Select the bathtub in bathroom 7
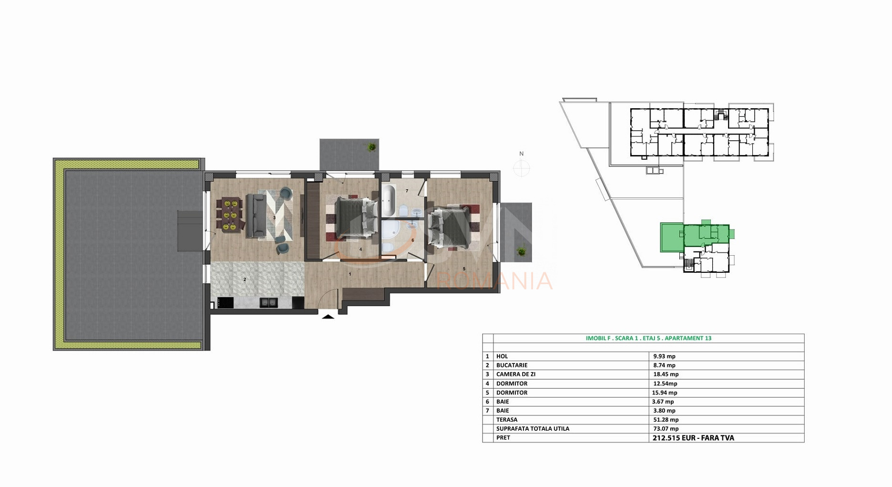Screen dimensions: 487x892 coord(388,200)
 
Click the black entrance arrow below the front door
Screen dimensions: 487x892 coord(328,316)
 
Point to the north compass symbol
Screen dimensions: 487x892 coord(522,167)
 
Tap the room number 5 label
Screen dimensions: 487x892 coord(464,269)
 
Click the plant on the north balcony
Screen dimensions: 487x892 coord(371,147)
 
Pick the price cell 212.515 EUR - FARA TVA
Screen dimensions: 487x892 coord(693,438)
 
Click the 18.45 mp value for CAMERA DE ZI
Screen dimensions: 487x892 coord(666,374)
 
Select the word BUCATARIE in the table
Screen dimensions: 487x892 coord(512,365)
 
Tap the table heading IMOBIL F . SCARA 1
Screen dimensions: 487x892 coord(648,338)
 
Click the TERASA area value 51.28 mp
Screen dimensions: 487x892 coord(666,420)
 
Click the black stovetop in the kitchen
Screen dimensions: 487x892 coord(226,302)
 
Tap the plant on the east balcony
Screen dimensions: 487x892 coord(521,251)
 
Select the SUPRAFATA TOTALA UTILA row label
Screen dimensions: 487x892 coord(533,429)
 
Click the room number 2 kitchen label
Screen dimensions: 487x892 coord(245,280)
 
